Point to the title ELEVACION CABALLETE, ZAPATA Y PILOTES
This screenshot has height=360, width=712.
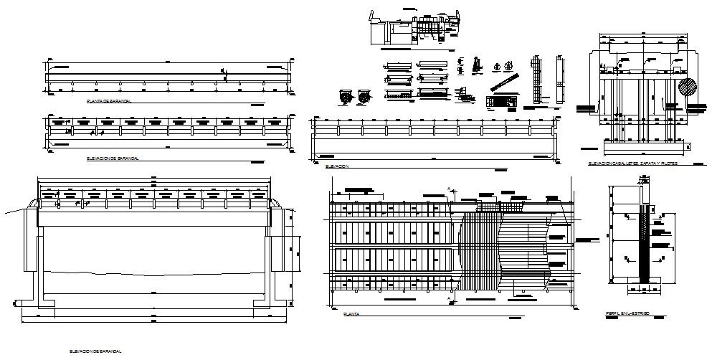click(633, 164)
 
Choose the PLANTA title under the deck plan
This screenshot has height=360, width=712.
click(351, 314)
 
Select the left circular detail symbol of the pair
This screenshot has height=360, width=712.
click(346, 96)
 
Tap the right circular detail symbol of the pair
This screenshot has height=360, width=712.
click(364, 96)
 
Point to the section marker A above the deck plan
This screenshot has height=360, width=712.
click(450, 189)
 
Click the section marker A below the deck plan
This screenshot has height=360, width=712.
click(450, 296)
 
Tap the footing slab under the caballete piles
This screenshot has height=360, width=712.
click(638, 146)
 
